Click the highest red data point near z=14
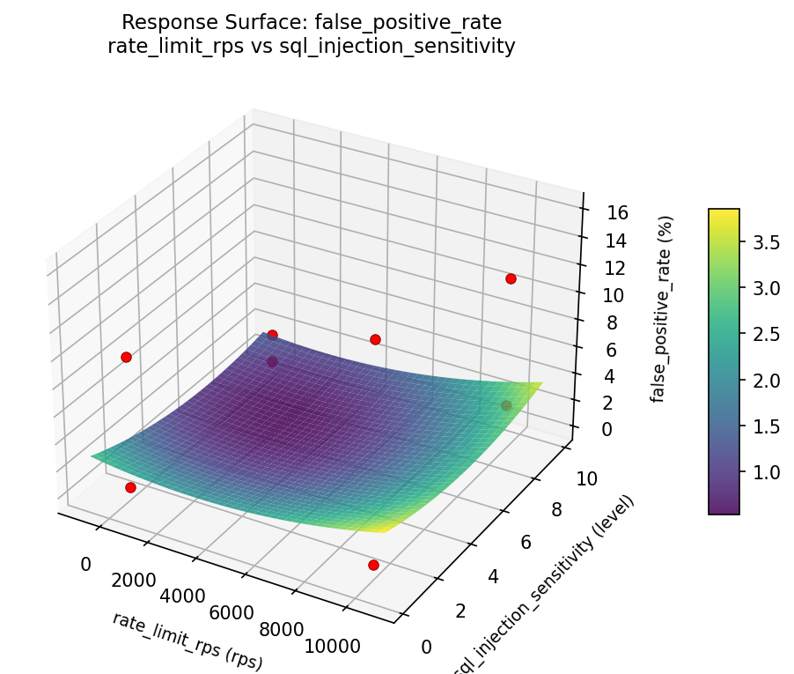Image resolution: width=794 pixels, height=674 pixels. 511,278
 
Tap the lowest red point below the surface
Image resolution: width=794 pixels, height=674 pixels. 373,565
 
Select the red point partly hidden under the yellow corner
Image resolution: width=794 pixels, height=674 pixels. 506,405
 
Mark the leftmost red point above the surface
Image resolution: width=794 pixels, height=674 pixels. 126,357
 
